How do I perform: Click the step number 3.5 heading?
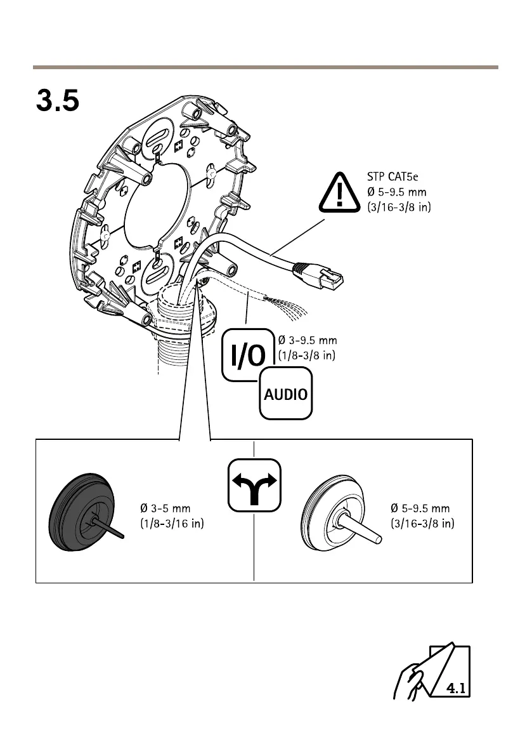click(x=58, y=100)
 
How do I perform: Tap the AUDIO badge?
click(x=285, y=394)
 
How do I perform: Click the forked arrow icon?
click(x=254, y=485)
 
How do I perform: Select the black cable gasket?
click(x=81, y=511)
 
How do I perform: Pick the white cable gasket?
click(x=330, y=511)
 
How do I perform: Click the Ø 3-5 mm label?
click(x=165, y=508)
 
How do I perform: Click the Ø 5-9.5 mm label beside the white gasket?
click(x=420, y=508)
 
